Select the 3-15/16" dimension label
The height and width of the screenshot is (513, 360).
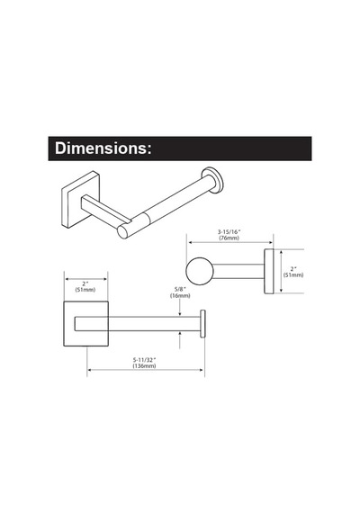pos(229,231)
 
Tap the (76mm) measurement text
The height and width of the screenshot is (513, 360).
pos(229,238)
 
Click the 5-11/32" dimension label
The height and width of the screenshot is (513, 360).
pos(144,359)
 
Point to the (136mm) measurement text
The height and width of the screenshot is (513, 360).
pos(144,365)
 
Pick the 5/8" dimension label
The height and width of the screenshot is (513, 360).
pos(180,289)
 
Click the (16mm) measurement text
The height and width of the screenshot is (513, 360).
pos(180,295)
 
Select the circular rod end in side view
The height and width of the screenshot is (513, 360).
pos(200,271)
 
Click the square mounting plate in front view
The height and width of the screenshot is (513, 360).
pos(85,324)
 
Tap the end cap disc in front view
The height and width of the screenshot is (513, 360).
pos(202,324)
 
